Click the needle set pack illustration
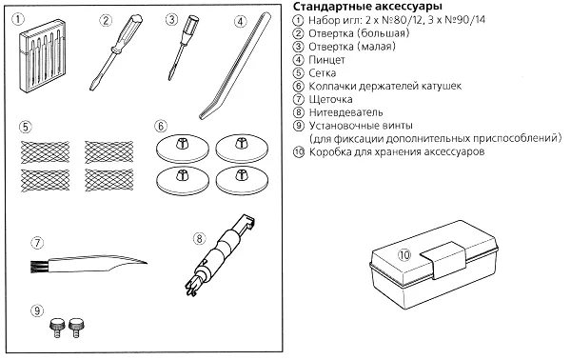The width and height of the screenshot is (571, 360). click(x=43, y=55)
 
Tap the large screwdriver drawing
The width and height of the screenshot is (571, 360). click(x=116, y=51)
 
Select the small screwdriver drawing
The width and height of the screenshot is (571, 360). click(x=182, y=47)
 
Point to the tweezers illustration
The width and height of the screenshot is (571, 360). click(x=235, y=66)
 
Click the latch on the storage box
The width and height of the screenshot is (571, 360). click(x=443, y=259)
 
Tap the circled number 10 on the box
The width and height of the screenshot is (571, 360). click(x=404, y=254)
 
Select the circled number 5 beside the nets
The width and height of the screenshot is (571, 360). click(x=25, y=127)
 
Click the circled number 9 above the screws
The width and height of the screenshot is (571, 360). click(x=37, y=310)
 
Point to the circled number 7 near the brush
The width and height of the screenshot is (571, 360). click(x=37, y=243)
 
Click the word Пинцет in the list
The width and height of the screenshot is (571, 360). click(x=326, y=59)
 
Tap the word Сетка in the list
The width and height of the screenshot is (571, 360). click(x=322, y=73)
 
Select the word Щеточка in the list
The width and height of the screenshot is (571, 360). click(x=330, y=99)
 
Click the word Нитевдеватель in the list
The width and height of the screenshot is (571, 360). click(x=346, y=112)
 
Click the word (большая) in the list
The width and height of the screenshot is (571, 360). click(x=384, y=33)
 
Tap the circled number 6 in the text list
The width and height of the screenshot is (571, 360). click(x=298, y=86)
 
